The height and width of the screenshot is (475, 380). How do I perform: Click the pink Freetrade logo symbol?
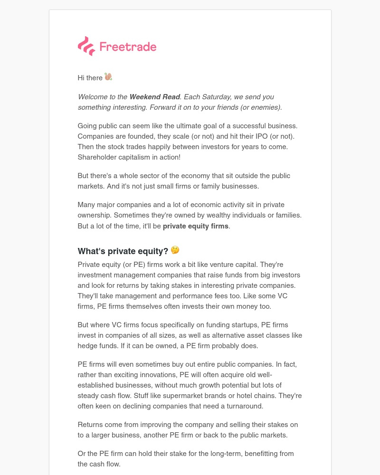[x=86, y=46]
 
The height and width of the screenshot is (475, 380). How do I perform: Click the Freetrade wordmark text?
[x=128, y=47]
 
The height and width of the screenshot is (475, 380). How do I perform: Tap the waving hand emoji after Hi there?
[x=108, y=77]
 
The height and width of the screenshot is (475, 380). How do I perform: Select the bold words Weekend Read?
[x=154, y=97]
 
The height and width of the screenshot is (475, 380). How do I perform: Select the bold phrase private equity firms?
[x=196, y=226]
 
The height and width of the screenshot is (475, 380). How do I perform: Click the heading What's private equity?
[x=123, y=251]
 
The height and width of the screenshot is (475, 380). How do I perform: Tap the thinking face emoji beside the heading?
[x=175, y=250]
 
